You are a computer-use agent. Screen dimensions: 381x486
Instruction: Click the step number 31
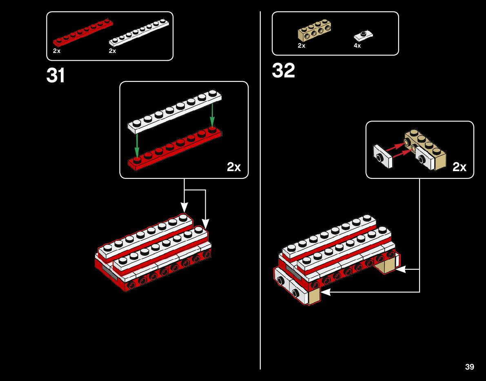[x=56, y=75]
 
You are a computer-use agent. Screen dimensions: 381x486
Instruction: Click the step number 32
[x=283, y=70]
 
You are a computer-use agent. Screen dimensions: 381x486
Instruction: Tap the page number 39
[x=469, y=367]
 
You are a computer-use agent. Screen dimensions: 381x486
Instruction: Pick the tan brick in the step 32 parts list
[x=314, y=31]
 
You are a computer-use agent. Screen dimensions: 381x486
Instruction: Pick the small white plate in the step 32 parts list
[x=363, y=36]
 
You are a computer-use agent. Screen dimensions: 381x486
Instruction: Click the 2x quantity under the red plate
[x=57, y=51]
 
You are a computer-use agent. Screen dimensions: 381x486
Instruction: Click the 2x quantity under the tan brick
[x=302, y=46]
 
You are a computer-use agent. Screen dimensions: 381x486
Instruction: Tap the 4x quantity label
[x=357, y=46]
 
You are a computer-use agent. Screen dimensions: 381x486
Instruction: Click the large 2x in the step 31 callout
[x=234, y=167]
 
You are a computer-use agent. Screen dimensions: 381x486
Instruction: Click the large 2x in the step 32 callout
[x=459, y=167]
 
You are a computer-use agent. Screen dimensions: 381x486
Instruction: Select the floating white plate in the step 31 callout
[x=175, y=112]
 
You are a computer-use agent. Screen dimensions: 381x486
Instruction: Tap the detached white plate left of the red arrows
[x=382, y=156]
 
